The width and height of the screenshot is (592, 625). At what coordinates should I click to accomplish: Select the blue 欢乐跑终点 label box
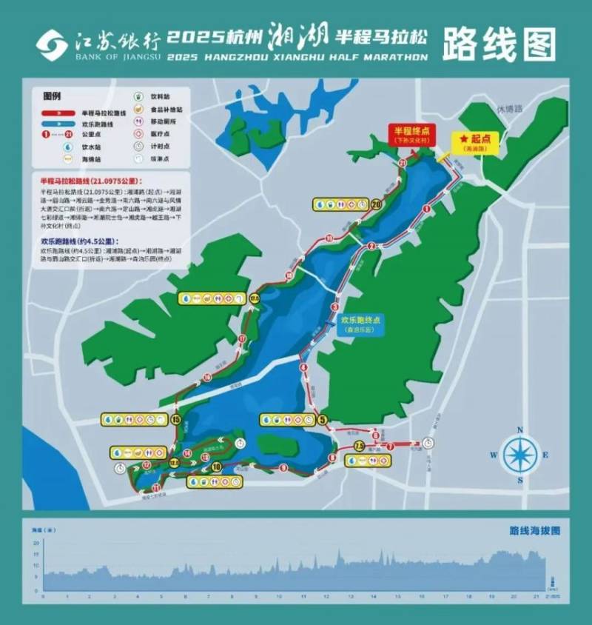point(360,325)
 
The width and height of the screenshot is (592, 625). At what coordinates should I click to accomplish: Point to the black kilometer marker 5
point(323,420)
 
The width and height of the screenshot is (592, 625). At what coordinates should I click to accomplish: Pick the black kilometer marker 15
point(175,420)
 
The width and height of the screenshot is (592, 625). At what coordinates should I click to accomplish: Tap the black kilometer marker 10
point(216,467)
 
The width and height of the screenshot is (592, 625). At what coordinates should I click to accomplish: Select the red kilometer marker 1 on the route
point(426,210)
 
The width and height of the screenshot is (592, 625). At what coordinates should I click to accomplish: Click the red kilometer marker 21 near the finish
point(403,161)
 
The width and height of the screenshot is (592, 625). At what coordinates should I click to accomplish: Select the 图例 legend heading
point(52,97)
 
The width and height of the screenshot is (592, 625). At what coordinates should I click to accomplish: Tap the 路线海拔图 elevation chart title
point(534,531)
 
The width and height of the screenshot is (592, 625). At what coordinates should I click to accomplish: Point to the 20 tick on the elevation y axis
point(36,543)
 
